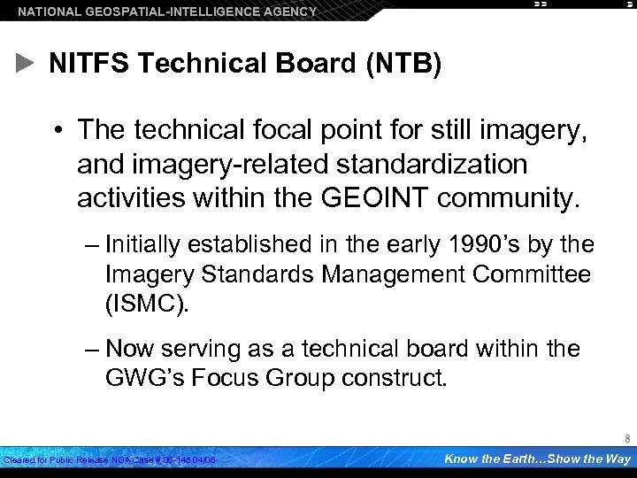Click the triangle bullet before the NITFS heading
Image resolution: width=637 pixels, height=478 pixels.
(x=26, y=63)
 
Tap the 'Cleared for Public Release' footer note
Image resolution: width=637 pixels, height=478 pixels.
(x=111, y=460)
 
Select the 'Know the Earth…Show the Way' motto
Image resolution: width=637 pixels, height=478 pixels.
(x=537, y=459)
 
